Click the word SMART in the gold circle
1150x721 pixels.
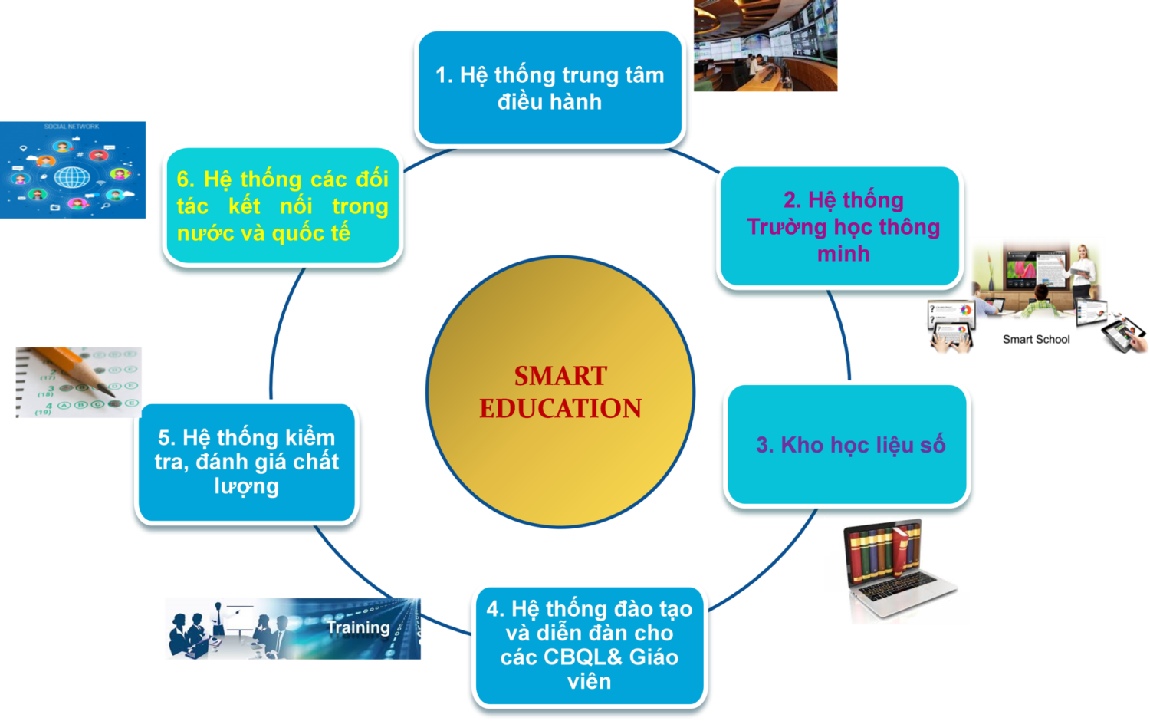coord(560,376)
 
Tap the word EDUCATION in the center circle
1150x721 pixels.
coord(560,409)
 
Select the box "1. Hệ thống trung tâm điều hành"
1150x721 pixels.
coord(550,87)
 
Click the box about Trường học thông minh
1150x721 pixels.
coord(840,226)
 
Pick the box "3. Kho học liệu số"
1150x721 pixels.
coord(847,445)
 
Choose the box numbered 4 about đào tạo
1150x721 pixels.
coord(590,646)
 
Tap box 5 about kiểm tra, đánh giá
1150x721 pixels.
coord(246,463)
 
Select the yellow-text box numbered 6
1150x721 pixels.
coord(283,206)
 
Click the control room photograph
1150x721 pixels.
coord(765,45)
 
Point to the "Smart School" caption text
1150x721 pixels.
coord(1036,340)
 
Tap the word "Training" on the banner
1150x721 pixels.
coord(358,627)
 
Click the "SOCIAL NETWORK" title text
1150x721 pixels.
coord(71,127)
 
